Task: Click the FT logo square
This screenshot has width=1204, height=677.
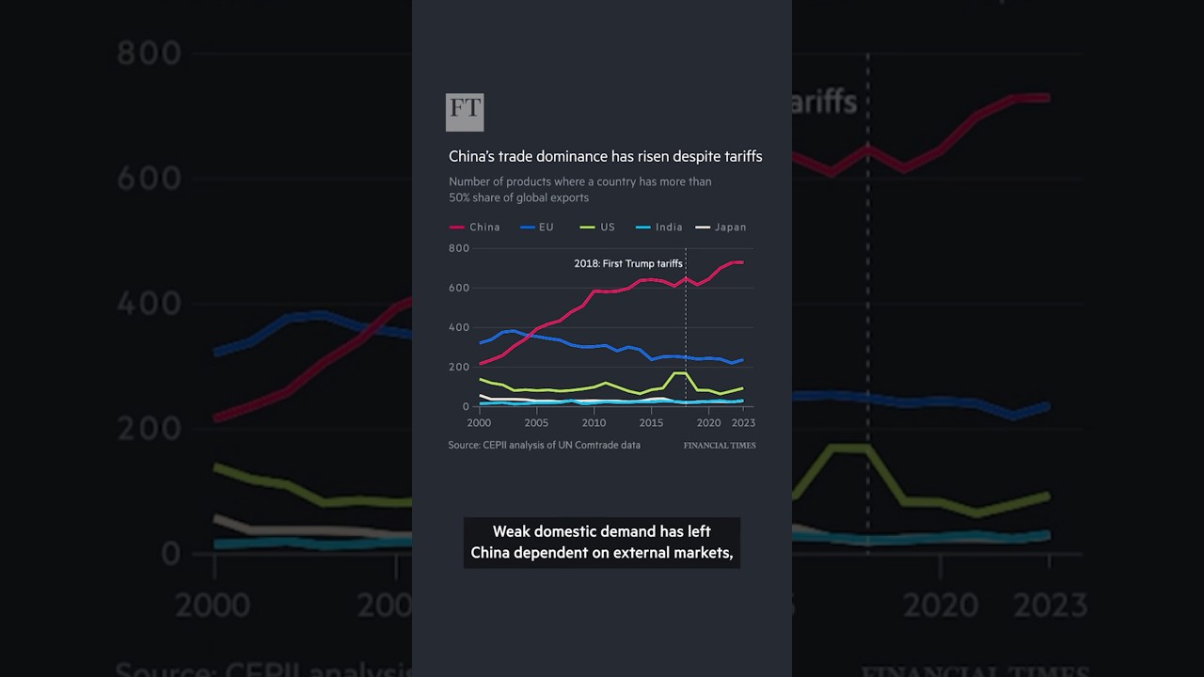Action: tap(465, 112)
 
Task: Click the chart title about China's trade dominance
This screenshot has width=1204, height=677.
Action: tap(605, 157)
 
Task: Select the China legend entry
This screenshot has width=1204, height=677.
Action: tap(475, 228)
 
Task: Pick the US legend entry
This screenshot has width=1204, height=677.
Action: tap(598, 228)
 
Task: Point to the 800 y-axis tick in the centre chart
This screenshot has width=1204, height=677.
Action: tap(459, 248)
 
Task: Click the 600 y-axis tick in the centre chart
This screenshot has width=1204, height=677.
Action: tap(459, 288)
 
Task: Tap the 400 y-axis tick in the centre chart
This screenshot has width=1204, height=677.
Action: tap(459, 328)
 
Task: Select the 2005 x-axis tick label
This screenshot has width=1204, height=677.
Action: tap(536, 423)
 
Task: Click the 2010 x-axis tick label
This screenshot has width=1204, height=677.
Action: tap(594, 423)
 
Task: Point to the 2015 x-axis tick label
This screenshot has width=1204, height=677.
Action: tap(652, 423)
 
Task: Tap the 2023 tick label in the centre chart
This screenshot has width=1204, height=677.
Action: tap(742, 423)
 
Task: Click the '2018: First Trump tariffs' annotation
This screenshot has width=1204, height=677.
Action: tap(627, 264)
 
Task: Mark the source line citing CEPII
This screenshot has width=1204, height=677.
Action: tap(544, 445)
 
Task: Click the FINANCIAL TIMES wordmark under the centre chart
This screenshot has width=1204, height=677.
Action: tap(720, 446)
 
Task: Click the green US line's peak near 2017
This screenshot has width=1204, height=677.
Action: tap(679, 373)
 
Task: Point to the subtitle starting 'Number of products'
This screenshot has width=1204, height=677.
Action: tap(579, 189)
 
